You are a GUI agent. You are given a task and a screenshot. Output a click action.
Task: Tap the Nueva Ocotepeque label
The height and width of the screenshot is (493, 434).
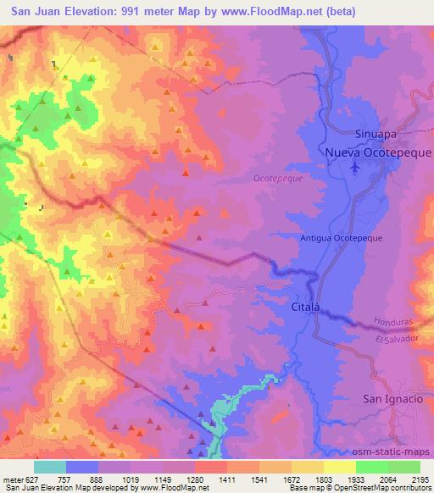point(378,152)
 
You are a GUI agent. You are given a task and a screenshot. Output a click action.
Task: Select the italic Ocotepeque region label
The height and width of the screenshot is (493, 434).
point(277,179)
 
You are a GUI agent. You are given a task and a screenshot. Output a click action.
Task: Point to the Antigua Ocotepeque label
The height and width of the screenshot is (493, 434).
point(342,239)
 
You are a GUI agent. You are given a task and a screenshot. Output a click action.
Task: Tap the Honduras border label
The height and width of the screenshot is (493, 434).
point(391,324)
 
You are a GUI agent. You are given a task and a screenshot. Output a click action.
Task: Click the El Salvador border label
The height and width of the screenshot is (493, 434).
point(393,339)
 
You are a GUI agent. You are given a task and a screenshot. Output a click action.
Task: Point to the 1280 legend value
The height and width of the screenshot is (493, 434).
point(196,479)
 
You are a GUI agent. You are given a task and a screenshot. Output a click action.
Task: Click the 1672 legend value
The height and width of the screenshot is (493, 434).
point(292,479)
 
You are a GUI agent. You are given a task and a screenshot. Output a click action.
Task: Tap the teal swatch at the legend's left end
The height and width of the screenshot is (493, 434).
point(50,467)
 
